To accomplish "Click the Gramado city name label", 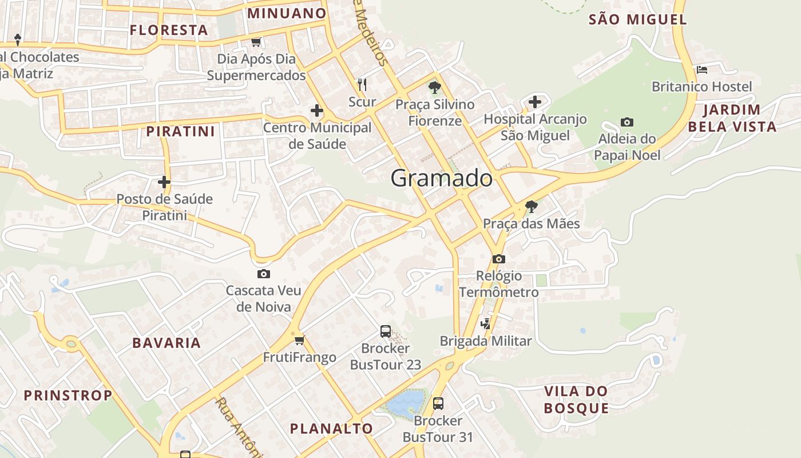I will coord(441,179).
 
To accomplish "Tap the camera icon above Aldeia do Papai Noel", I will coord(626,122).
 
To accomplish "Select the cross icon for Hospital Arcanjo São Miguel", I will coord(535,102).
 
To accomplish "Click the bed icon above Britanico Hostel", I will coord(702,70).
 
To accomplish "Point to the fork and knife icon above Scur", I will coord(362,85).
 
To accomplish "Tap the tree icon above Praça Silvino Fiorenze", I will coord(435,88).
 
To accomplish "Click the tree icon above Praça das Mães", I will coord(531,206).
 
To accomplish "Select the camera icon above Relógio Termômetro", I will coord(498,259).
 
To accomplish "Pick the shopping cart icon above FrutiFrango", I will coord(299,341).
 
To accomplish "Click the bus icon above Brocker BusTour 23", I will coord(386,331).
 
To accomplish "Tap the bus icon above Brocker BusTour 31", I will coord(438,403).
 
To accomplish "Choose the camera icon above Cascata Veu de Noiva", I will coord(263,274).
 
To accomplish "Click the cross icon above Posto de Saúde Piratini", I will coord(164,182).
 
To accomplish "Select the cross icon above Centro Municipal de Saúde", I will coord(316,110).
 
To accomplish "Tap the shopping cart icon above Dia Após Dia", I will coord(256,42).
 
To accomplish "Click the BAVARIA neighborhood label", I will coord(166,343).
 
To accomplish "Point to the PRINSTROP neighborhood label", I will coord(68,396).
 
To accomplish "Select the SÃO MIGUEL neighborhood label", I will coord(638,19).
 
